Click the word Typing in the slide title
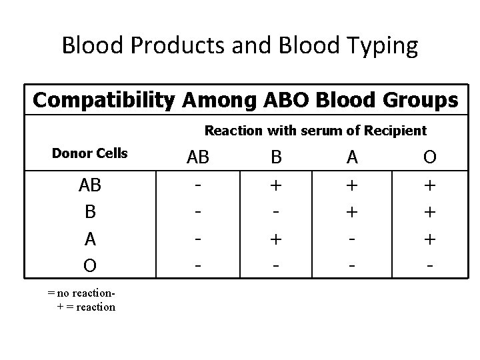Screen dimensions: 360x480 click(379, 46)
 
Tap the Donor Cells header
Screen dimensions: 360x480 click(89, 153)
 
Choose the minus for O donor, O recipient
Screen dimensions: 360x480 click(431, 265)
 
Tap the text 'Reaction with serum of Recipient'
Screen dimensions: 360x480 click(315, 131)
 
